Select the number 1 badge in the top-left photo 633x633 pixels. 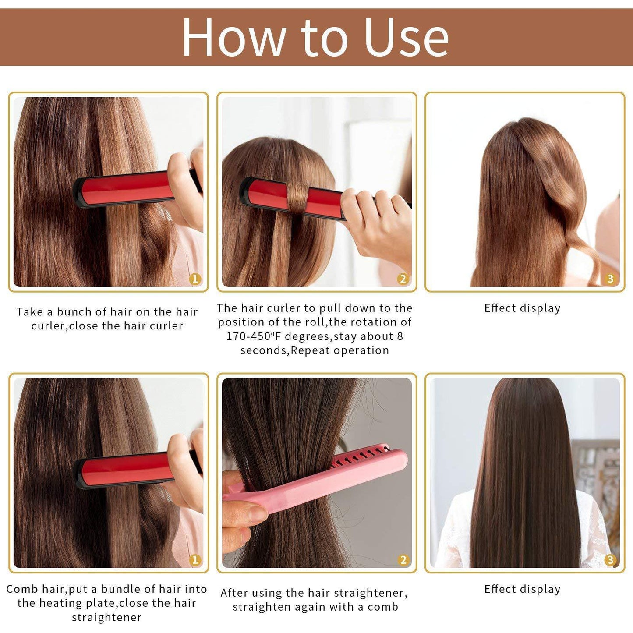(x=195, y=279)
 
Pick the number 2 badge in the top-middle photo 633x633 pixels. (x=403, y=279)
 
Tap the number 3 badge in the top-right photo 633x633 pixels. (x=610, y=279)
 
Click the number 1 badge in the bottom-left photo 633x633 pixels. (x=195, y=560)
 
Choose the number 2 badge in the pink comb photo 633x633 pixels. (x=403, y=560)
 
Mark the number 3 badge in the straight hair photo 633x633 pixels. (x=610, y=560)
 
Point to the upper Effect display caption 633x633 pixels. (x=522, y=308)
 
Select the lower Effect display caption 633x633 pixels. (x=522, y=590)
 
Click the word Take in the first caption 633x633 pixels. (x=29, y=312)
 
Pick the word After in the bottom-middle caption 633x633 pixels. (x=236, y=593)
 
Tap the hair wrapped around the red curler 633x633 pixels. (x=298, y=196)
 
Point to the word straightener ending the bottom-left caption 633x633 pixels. (x=107, y=618)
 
